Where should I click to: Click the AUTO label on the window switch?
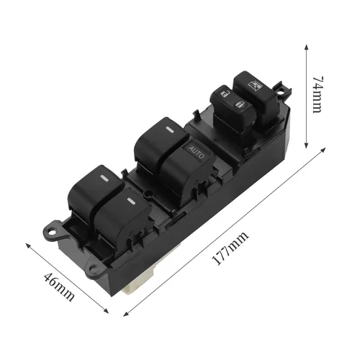[197, 150]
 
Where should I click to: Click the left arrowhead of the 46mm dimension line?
[28, 245]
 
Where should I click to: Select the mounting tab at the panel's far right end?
[288, 93]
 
